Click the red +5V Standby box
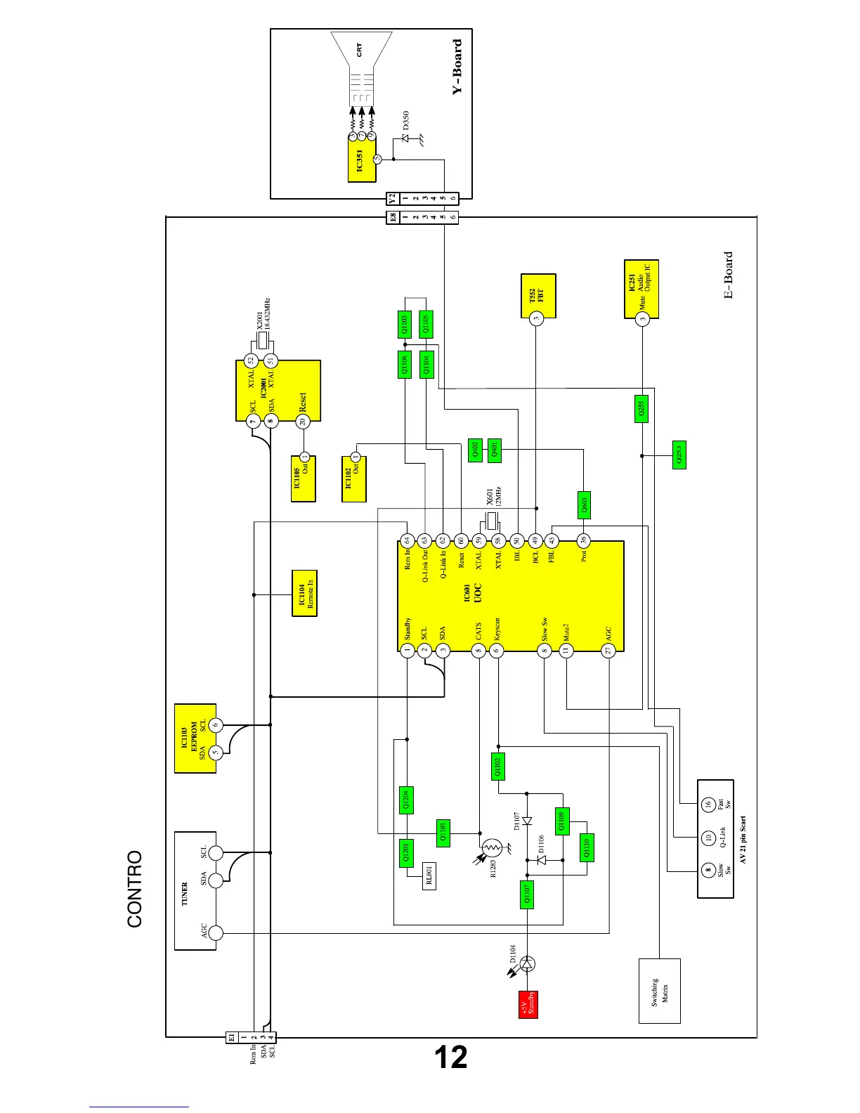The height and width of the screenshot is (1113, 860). [528, 1003]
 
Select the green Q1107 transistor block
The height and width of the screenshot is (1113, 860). [527, 894]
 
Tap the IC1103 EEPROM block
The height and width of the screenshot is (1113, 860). [195, 738]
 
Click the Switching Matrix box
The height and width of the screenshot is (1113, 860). [659, 991]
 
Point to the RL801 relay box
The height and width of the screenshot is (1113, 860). [429, 876]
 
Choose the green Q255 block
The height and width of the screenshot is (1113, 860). [641, 409]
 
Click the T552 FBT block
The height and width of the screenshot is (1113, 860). [538, 296]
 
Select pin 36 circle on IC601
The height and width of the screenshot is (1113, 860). [583, 540]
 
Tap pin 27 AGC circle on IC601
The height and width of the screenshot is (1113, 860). [608, 651]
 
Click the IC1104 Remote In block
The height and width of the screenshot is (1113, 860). [304, 594]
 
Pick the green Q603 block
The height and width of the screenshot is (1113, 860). [583, 505]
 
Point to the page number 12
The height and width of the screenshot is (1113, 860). [450, 1057]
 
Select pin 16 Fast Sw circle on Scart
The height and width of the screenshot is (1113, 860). [708, 804]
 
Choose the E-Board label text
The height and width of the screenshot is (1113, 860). [729, 275]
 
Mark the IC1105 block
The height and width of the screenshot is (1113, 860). [303, 479]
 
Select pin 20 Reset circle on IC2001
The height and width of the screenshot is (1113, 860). [303, 422]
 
